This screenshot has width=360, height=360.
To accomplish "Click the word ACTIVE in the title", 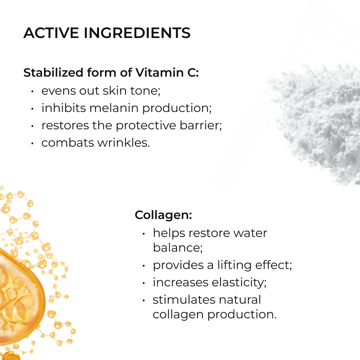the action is point(51,33).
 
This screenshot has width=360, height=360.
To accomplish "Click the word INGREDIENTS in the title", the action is point(137,33).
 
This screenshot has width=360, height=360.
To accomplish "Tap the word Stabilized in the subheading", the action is point(53,73).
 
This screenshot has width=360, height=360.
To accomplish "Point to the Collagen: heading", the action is point(163,215).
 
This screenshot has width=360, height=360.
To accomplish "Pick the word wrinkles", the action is point(124,143).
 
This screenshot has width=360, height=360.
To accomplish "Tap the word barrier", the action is point(201,125).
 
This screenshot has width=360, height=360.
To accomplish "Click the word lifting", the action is point(234,265).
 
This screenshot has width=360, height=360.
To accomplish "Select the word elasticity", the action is point(239,283).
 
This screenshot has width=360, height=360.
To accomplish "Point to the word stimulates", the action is point(184,300).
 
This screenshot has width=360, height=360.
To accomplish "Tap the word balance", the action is point(178,247).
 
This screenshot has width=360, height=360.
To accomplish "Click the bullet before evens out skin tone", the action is point(33,91).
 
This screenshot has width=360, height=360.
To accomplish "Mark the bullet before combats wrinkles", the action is point(33,143).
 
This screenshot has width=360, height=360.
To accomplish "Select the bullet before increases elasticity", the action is point(144,283).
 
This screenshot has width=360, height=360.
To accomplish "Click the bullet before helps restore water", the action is point(144,234).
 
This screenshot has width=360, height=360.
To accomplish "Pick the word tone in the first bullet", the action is point(145,91).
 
